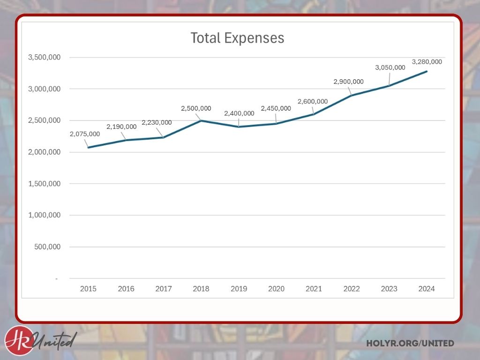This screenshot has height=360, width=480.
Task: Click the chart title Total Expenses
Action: pos(237,38)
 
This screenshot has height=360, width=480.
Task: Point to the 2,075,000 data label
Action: pos(85,134)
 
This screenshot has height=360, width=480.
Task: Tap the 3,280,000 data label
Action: pos(427,61)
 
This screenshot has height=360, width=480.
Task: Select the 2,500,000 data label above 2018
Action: pos(196,109)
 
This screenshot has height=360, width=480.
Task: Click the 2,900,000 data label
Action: pos(348,82)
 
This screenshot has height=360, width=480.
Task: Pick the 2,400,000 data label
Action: pos(239,113)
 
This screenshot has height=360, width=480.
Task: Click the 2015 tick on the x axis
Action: pos(88,289)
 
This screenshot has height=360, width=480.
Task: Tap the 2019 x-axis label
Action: pos(239,289)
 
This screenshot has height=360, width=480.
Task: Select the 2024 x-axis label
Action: pos(427,289)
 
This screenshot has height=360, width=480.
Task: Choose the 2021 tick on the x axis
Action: pos(314,289)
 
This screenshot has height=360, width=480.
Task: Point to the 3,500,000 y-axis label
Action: pos(44,57)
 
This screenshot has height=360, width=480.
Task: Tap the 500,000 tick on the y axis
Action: pos(47,247)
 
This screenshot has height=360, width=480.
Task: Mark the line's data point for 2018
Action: pos(201,120)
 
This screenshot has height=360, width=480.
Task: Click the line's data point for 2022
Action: pos(352,96)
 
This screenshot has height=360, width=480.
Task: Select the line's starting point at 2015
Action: pos(88,148)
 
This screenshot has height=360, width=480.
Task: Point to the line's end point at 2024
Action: pos(427,71)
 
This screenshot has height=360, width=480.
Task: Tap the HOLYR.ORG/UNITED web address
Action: pos(410,344)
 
